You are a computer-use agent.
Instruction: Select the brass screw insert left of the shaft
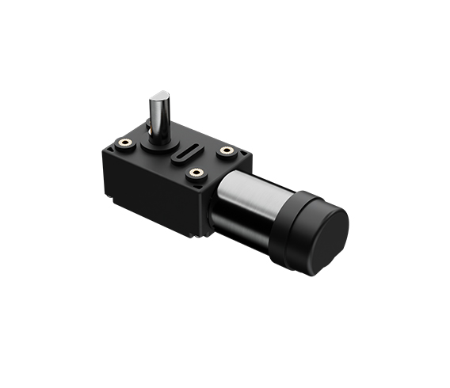coord(124,143)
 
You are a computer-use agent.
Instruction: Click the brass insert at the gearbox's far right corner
coord(227,150)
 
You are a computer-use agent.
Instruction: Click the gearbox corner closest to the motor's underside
coord(204,234)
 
